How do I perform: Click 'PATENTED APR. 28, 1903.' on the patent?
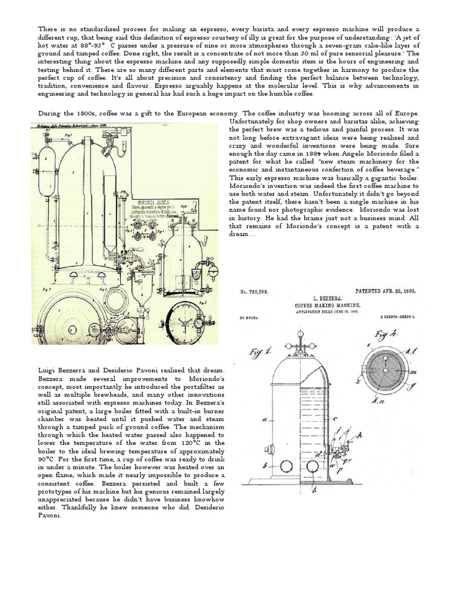tap(384, 291)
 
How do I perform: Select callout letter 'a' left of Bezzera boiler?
tap(262, 420)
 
